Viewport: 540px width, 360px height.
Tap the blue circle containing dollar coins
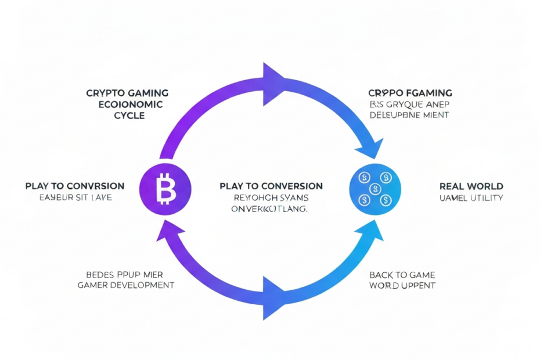point(375,189)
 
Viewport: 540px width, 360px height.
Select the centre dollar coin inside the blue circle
point(375,188)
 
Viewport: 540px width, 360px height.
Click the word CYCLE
point(129,116)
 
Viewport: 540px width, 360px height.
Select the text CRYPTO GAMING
point(127,93)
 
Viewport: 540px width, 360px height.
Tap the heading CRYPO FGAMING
point(410,93)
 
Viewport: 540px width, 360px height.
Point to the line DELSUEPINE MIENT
point(409,116)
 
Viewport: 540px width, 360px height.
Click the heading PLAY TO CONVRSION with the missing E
point(75,186)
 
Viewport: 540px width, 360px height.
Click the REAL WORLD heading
point(471,186)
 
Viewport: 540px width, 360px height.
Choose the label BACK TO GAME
point(402,275)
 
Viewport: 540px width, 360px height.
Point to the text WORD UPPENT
point(402,286)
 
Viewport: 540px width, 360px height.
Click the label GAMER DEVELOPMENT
point(126,285)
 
